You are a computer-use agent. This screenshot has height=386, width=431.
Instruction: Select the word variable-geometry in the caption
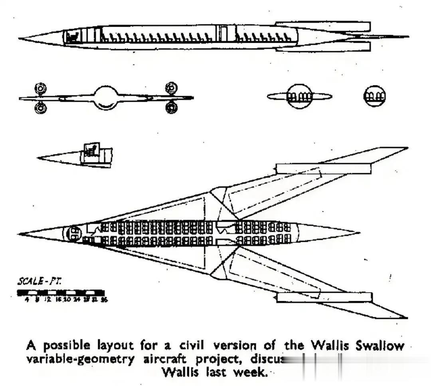click(x=80, y=358)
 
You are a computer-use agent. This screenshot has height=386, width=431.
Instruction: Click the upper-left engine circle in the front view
click(x=40, y=88)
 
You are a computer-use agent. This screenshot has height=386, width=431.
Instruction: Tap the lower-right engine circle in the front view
click(x=171, y=107)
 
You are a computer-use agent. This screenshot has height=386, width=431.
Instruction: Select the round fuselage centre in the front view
click(x=106, y=97)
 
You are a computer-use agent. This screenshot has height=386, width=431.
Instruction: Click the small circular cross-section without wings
click(x=374, y=96)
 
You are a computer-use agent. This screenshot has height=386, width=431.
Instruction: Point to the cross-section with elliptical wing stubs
click(x=299, y=96)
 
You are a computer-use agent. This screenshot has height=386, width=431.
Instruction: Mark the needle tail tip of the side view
click(x=408, y=37)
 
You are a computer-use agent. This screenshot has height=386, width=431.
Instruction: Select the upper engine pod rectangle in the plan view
click(x=324, y=168)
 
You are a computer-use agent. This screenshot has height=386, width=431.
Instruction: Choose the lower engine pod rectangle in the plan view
click(x=324, y=297)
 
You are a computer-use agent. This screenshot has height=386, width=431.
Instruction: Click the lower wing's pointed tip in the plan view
click(x=406, y=318)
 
